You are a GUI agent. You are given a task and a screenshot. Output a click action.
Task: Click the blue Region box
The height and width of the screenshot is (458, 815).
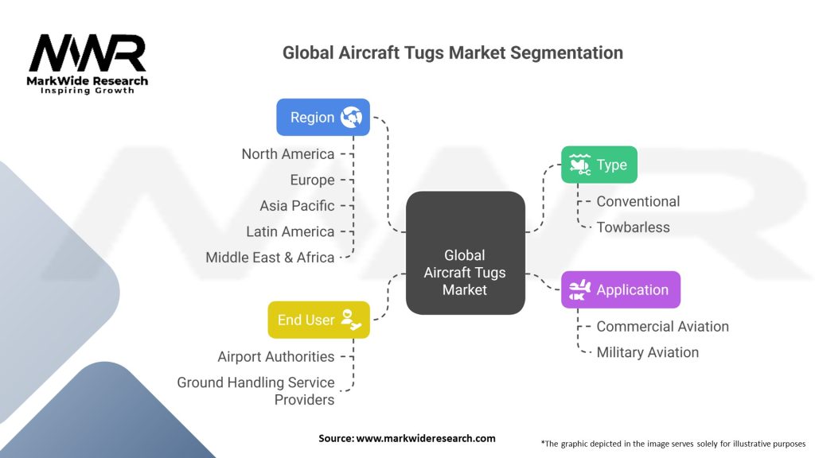tap(323, 118)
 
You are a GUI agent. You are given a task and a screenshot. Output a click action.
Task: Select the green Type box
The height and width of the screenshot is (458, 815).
tap(599, 165)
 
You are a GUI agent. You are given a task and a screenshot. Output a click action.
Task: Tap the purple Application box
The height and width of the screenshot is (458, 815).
tap(621, 289)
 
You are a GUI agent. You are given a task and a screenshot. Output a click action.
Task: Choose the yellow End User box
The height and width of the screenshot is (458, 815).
tap(318, 320)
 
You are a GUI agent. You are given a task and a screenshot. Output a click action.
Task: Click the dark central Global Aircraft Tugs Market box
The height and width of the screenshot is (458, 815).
tap(465, 253)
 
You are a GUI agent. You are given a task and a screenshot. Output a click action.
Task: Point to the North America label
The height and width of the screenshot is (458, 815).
tap(288, 154)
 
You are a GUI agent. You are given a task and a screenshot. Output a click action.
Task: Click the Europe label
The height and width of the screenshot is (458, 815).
tap(312, 180)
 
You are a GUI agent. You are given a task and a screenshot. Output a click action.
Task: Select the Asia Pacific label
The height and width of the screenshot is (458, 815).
tap(297, 206)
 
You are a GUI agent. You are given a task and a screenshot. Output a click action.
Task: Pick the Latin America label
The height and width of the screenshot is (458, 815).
tap(290, 231)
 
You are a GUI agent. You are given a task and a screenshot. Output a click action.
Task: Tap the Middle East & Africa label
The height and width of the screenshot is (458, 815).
tap(270, 258)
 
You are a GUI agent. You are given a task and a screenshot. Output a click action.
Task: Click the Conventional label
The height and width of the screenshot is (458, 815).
tap(638, 201)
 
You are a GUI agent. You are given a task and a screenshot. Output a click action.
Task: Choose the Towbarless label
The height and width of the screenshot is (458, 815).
tap(633, 227)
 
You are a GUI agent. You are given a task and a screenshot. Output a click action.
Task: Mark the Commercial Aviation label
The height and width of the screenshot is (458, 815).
tap(663, 327)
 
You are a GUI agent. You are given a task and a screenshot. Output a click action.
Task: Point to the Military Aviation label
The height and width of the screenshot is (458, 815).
tap(648, 352)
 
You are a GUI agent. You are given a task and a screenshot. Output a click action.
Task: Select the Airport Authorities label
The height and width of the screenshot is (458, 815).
tap(276, 357)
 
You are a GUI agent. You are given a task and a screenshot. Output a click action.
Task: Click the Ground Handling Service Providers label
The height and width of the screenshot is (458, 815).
tap(255, 391)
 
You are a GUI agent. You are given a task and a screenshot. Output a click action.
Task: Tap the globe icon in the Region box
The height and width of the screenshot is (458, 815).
tap(351, 118)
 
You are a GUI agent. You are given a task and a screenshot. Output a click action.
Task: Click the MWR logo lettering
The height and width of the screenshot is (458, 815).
tap(88, 53)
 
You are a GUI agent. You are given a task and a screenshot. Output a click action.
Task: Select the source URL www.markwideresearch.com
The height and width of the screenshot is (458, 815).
tap(426, 438)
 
